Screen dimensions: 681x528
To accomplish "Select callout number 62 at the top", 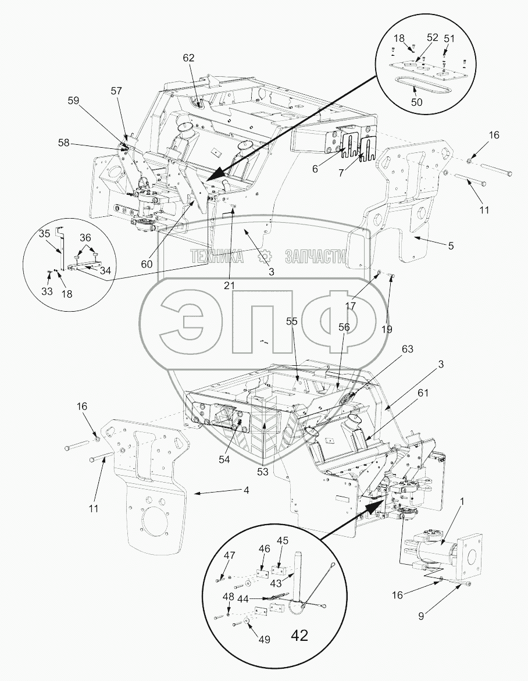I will pyautogui.click(x=188, y=58).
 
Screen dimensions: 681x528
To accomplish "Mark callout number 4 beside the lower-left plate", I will pyautogui.click(x=247, y=491).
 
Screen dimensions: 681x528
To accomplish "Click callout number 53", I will pyautogui.click(x=263, y=471).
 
